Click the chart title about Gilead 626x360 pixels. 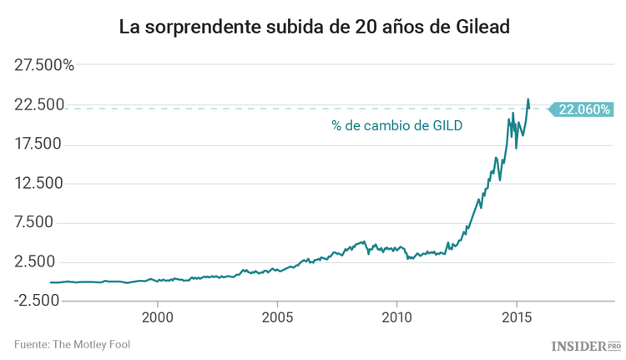[x=313, y=27]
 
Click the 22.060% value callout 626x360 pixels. [x=583, y=109]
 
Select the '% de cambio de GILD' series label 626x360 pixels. [x=396, y=127]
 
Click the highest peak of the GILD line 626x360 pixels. [x=528, y=99]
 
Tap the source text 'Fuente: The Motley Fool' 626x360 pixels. [x=72, y=343]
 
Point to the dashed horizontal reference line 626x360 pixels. [x=250, y=109]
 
